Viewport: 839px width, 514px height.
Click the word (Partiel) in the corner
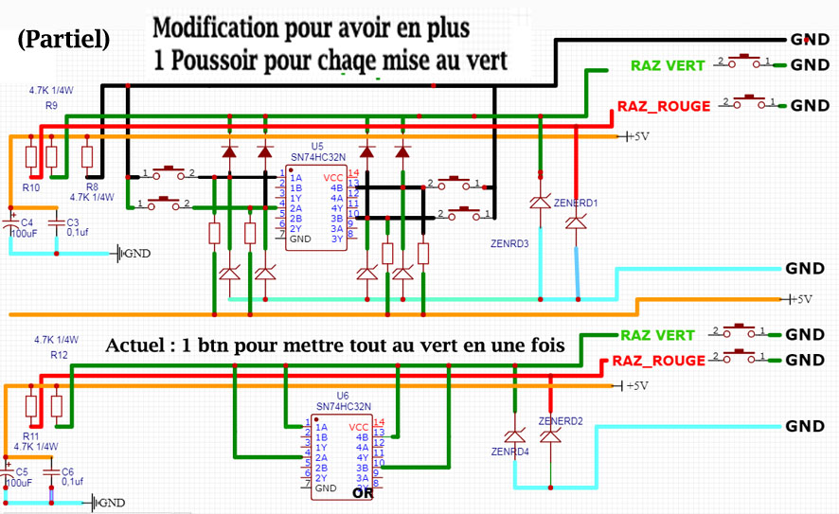(x=62, y=40)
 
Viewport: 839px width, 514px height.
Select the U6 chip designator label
(x=343, y=396)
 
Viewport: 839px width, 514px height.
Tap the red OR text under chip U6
(x=362, y=493)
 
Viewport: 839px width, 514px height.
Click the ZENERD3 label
(x=510, y=243)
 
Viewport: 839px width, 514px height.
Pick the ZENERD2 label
(x=559, y=420)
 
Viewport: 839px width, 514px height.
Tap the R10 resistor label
(x=31, y=188)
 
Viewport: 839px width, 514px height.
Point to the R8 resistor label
(x=93, y=187)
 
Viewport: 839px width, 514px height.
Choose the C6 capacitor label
(x=66, y=471)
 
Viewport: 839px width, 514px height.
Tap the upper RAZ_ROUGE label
(x=663, y=106)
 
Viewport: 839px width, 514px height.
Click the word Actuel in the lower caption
(x=139, y=346)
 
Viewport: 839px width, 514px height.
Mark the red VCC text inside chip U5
(x=333, y=177)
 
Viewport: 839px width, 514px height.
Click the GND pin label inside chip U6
(x=325, y=488)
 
